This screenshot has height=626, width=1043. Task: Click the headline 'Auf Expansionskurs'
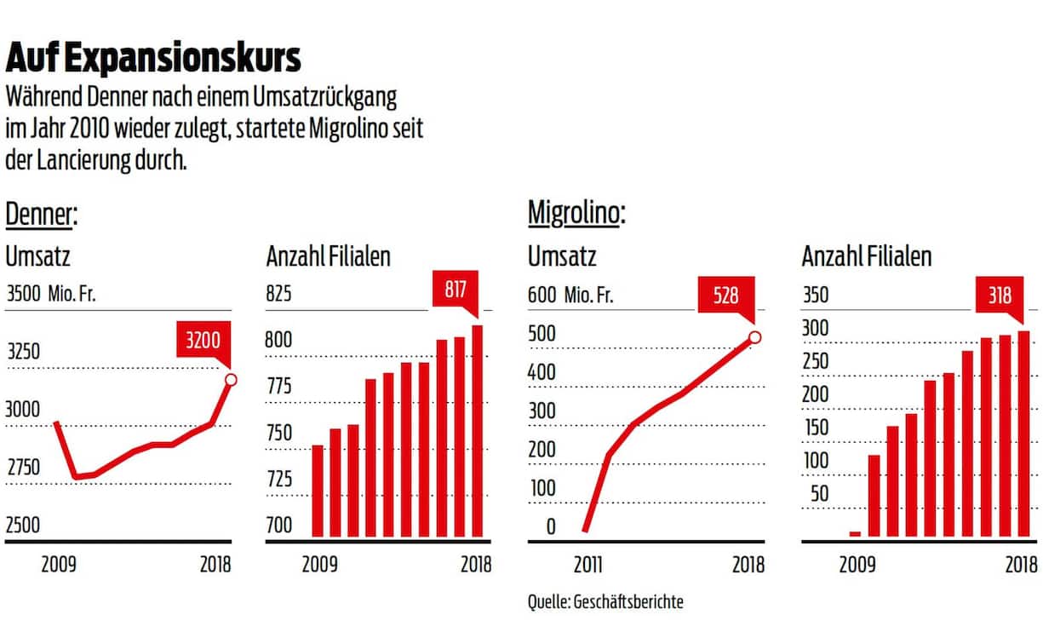pyautogui.click(x=153, y=59)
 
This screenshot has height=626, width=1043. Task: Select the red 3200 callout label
pyautogui.click(x=203, y=342)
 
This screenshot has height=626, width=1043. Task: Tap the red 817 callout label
pyautogui.click(x=456, y=290)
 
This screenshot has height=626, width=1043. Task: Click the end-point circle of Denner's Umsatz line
pyautogui.click(x=230, y=379)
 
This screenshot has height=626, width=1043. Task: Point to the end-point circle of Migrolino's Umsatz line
pyautogui.click(x=754, y=337)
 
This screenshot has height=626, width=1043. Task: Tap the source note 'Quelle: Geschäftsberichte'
pyautogui.click(x=605, y=601)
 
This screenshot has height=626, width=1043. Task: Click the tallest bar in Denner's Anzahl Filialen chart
pyautogui.click(x=478, y=431)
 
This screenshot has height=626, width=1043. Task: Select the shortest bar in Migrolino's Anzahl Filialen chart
pyautogui.click(x=855, y=534)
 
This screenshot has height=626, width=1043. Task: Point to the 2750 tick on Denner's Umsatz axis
pyautogui.click(x=24, y=467)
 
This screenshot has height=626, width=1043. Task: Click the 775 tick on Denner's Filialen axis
pyautogui.click(x=279, y=387)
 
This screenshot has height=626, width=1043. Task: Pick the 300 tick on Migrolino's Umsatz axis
pyautogui.click(x=543, y=411)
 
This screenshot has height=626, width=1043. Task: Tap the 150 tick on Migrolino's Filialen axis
pyautogui.click(x=817, y=427)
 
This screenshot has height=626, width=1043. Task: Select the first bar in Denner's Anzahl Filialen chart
pyautogui.click(x=318, y=491)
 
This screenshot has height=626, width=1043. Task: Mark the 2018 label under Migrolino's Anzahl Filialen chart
pyautogui.click(x=1020, y=565)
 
